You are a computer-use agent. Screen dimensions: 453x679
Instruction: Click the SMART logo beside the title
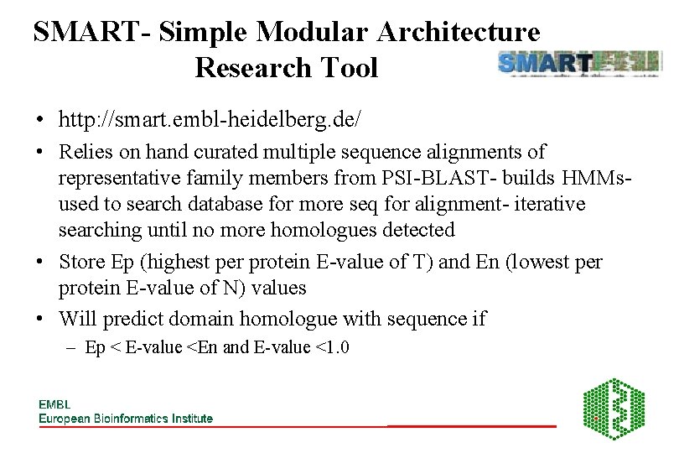[578, 64]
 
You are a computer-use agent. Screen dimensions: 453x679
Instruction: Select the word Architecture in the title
[459, 33]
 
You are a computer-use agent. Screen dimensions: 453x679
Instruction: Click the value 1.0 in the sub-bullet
[334, 348]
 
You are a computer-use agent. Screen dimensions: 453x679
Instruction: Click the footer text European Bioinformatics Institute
[126, 418]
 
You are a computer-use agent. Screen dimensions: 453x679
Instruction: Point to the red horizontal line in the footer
[471, 427]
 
